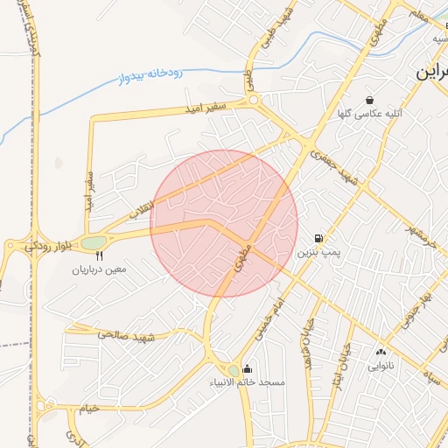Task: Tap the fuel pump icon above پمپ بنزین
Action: point(318,238)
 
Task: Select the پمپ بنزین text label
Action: point(316,252)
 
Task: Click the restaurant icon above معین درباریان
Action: point(99,256)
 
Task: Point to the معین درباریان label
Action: point(99,269)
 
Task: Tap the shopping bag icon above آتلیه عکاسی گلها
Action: point(369,100)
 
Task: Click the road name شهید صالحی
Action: point(127,335)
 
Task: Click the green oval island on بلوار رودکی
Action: point(94,242)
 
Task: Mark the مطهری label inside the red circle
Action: point(241,256)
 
